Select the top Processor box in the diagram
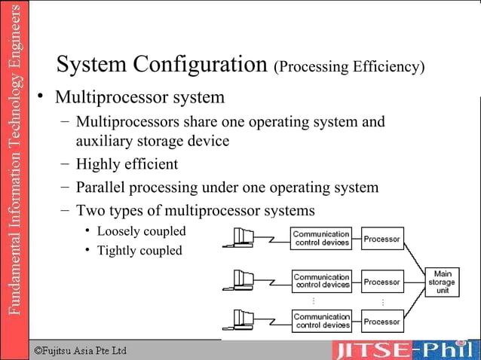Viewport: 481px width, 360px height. click(381, 239)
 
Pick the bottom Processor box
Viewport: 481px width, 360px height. click(381, 322)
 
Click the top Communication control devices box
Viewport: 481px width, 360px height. click(321, 239)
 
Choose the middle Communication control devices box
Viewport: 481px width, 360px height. click(321, 281)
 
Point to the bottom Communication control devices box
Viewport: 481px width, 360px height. click(321, 322)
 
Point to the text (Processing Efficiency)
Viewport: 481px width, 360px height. click(349, 67)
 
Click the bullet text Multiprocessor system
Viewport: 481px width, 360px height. click(139, 97)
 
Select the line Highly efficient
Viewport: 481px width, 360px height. click(127, 163)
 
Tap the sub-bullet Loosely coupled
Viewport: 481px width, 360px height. click(141, 230)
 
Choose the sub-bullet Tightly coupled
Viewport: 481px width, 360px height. click(139, 250)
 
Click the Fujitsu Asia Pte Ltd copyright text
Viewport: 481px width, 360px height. click(81, 351)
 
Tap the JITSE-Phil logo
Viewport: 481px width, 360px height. click(406, 350)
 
